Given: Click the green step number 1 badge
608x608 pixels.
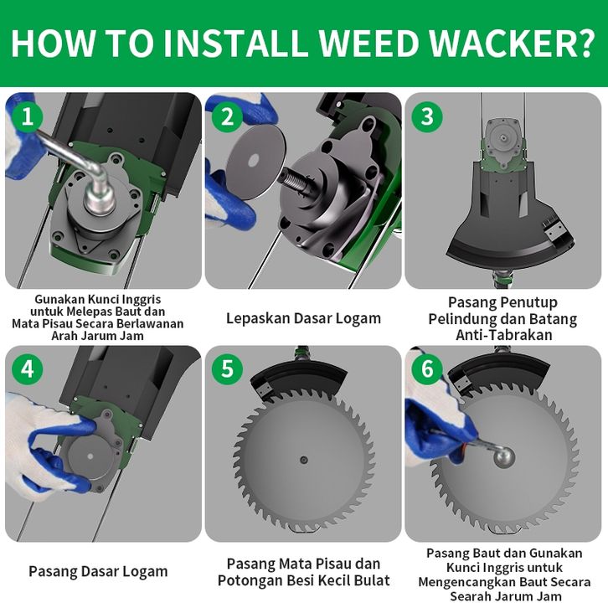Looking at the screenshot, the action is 27,116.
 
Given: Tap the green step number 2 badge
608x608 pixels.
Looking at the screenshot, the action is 227,116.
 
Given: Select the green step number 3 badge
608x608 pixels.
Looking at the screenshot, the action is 427,116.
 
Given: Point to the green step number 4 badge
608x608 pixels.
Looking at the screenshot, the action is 27,368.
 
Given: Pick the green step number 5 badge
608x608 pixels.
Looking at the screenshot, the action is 227,368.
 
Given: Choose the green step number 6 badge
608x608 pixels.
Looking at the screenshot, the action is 427,368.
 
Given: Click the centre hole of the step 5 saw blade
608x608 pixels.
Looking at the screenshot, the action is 304,460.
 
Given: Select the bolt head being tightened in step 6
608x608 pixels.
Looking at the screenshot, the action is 504,456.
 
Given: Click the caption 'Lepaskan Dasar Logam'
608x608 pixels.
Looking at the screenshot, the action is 304,318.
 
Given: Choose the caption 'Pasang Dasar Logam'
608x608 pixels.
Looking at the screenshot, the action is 98,571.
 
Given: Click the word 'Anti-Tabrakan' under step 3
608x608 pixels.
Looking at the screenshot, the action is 503,335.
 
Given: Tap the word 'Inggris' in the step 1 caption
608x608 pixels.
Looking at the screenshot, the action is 141,299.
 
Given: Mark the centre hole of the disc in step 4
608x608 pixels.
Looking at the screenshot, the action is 90,456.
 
